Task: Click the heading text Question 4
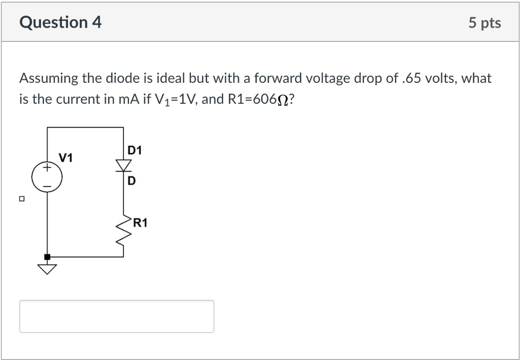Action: (x=60, y=22)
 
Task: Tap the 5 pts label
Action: (x=485, y=23)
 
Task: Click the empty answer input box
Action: (x=117, y=316)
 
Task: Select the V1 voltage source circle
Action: (x=47, y=178)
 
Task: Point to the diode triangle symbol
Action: (x=123, y=165)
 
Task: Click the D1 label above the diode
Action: (x=135, y=150)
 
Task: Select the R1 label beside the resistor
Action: (x=140, y=223)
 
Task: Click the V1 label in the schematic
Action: (x=65, y=157)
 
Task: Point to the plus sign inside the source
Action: (x=47, y=167)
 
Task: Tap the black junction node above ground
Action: (x=47, y=256)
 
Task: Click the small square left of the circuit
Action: (x=22, y=198)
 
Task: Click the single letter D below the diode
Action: (x=132, y=181)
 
